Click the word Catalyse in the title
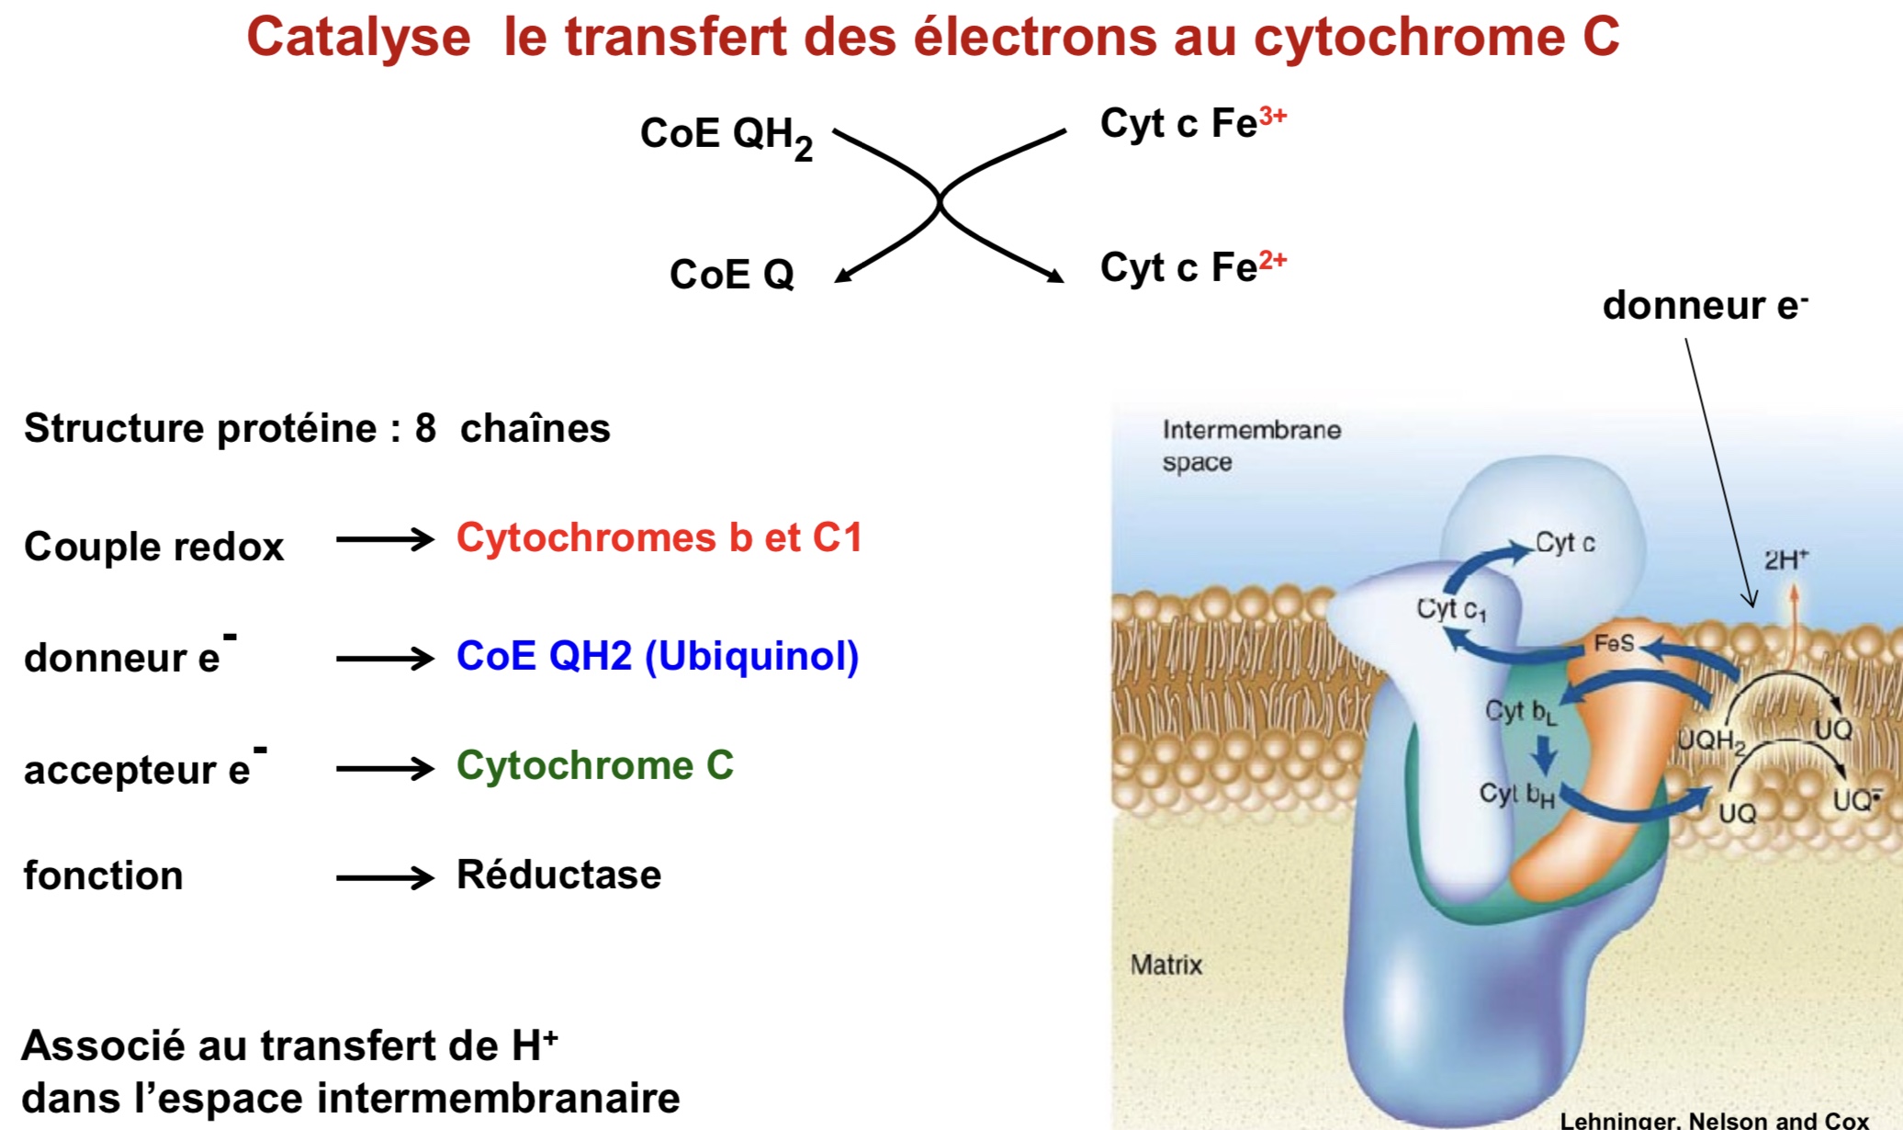click(x=358, y=39)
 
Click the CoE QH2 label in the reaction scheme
click(x=726, y=136)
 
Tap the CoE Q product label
click(x=731, y=274)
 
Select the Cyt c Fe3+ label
click(x=1192, y=123)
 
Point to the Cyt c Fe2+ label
click(x=1192, y=267)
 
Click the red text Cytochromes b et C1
click(x=659, y=538)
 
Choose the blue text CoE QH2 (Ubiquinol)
click(x=657, y=656)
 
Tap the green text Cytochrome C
click(x=594, y=765)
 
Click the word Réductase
click(x=558, y=875)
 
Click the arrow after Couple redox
click(x=384, y=539)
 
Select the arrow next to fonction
click(x=384, y=878)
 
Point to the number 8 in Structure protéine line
click(x=425, y=428)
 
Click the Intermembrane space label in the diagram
click(x=1250, y=446)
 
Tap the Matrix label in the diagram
click(x=1165, y=965)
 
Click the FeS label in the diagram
click(x=1614, y=643)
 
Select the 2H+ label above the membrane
click(x=1785, y=559)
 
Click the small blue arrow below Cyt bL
click(x=1545, y=755)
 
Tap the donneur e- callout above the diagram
click(x=1704, y=306)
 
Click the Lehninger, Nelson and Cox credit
click(x=1714, y=1120)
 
